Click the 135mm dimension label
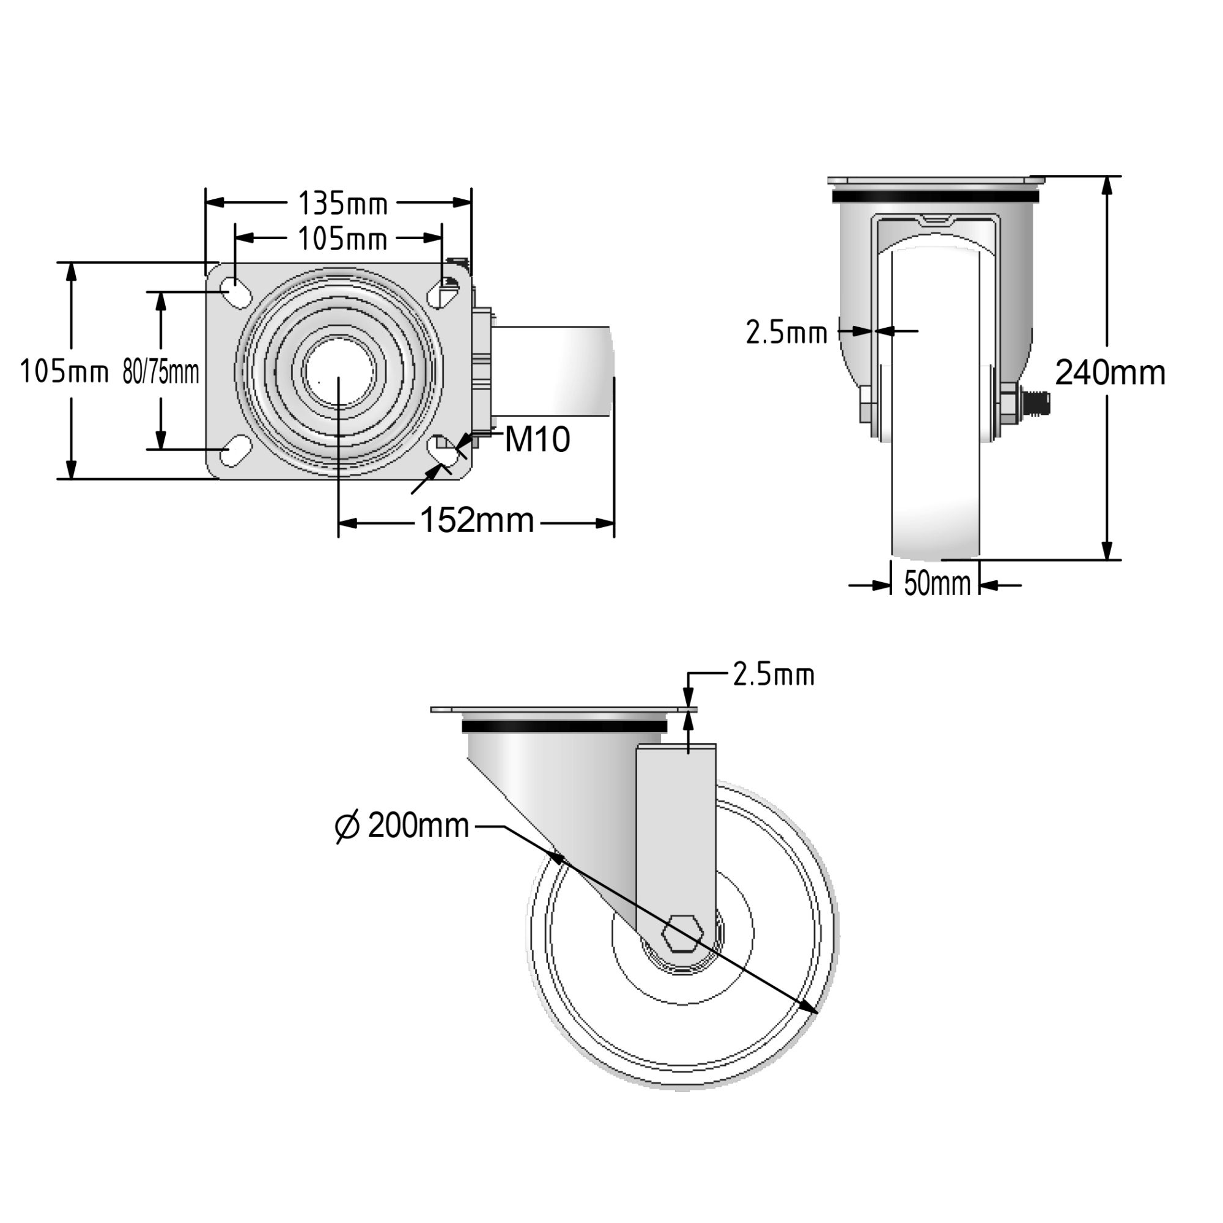[342, 204]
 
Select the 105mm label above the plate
[342, 240]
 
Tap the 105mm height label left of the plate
[64, 372]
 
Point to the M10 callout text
[538, 440]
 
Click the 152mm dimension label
[478, 520]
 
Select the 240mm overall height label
[1110, 373]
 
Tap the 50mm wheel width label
[937, 583]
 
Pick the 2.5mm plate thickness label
[774, 676]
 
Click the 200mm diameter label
[418, 826]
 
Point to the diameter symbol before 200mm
[347, 827]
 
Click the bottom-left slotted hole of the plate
[234, 451]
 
